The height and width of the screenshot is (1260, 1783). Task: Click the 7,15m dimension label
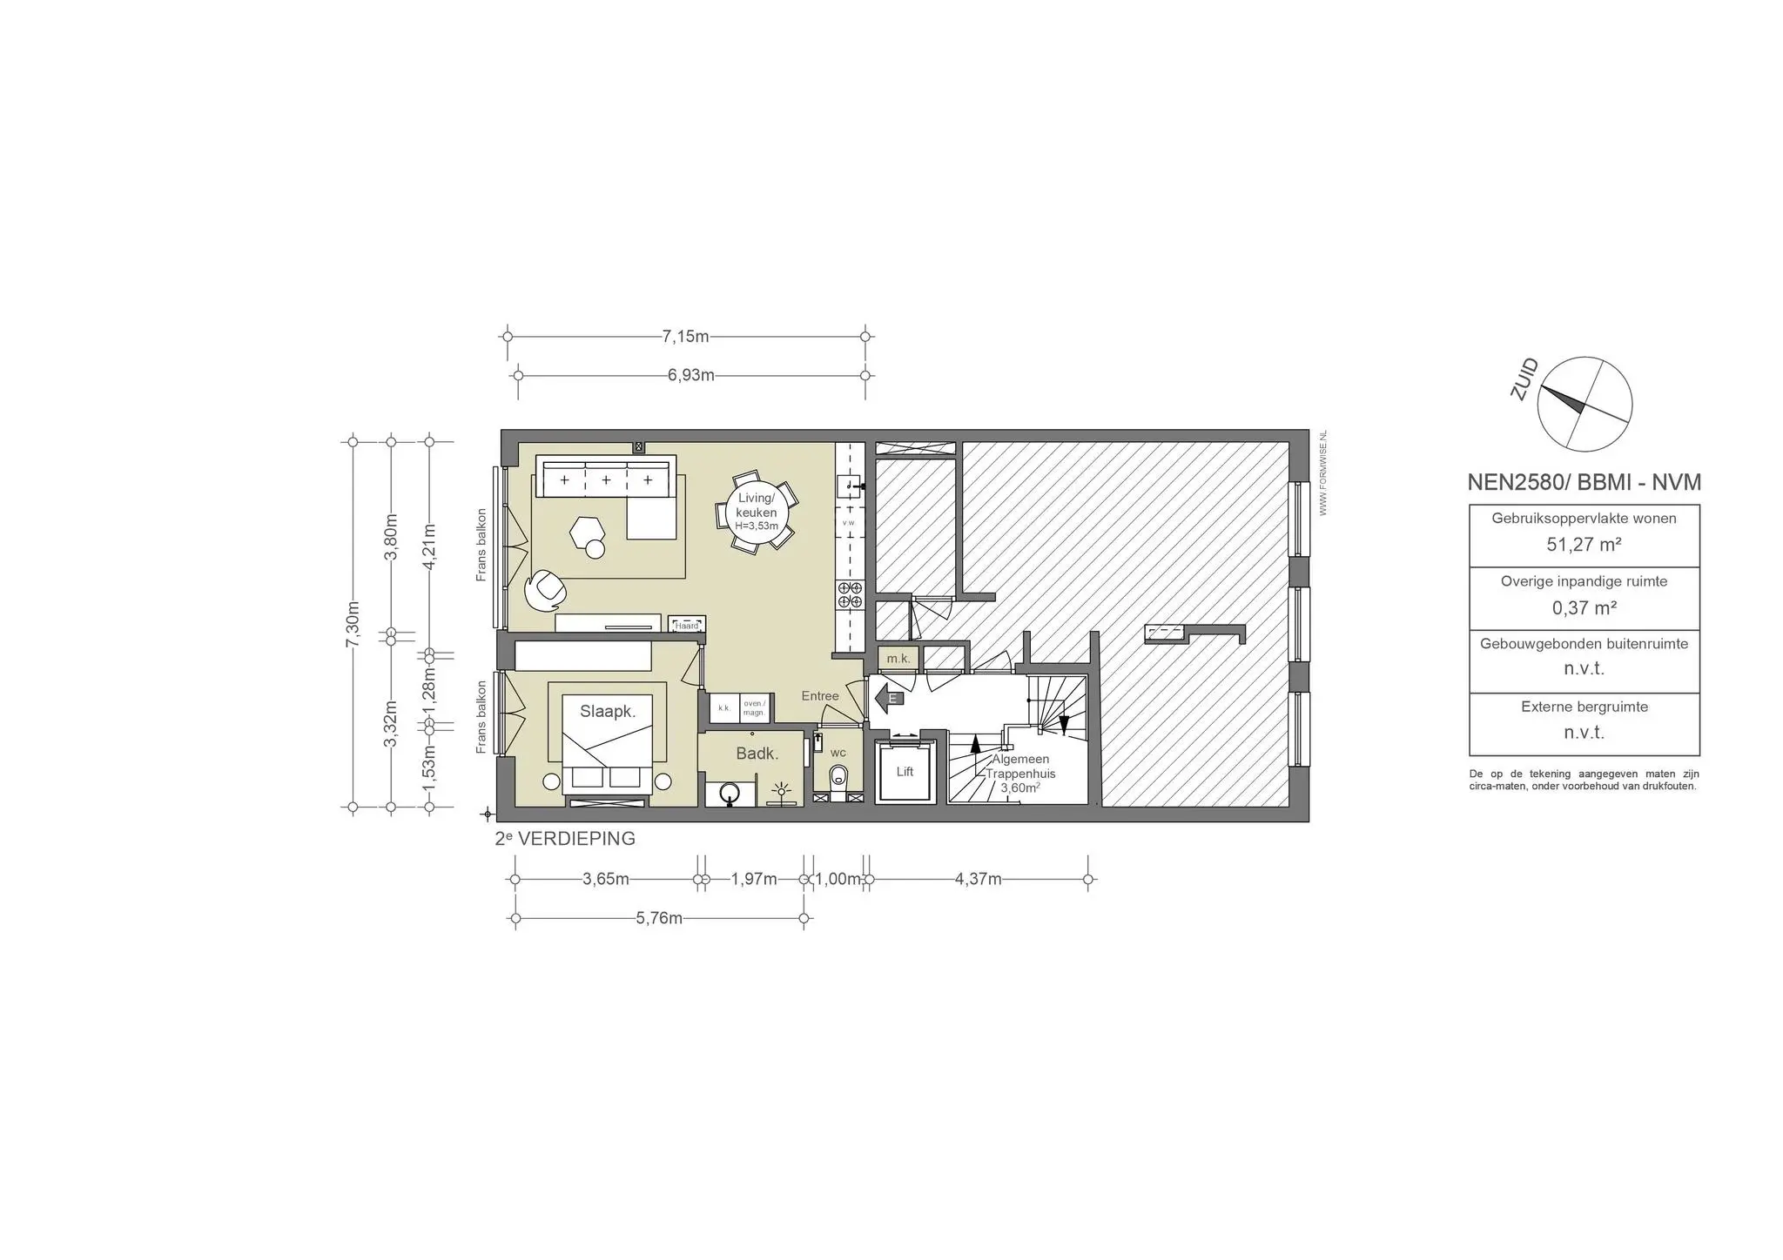(685, 337)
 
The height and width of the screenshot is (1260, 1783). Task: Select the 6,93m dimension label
(690, 376)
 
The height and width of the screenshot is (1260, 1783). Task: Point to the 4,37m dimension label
(978, 879)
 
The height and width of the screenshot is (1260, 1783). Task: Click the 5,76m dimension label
(659, 918)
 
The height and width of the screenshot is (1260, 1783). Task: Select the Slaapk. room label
(608, 711)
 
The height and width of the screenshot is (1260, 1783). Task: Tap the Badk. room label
(757, 754)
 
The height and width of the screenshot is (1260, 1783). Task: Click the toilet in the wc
(838, 776)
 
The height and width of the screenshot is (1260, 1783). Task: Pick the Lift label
(905, 772)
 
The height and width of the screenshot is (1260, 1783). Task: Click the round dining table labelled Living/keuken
(756, 512)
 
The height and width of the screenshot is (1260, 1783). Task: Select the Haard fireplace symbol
(687, 625)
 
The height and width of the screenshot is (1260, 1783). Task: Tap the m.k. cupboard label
(898, 659)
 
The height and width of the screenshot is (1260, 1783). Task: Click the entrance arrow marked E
(889, 697)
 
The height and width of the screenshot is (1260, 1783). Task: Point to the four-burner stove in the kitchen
(850, 595)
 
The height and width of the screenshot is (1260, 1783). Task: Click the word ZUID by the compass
(1524, 380)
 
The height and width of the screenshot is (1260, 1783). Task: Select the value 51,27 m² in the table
(1584, 545)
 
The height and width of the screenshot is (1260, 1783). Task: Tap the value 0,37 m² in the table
(1584, 607)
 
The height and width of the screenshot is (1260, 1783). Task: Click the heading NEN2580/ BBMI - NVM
(1584, 482)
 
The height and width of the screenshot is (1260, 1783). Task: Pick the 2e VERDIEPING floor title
(564, 839)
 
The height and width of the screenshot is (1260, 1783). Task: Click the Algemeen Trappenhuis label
(1020, 767)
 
